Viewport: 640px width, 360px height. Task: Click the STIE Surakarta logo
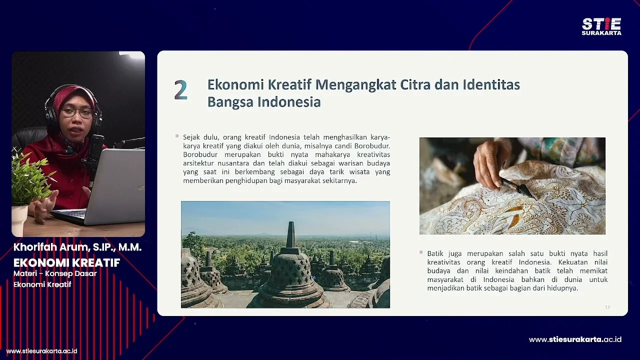coord(601,26)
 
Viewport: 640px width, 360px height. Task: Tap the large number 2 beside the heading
coord(180,90)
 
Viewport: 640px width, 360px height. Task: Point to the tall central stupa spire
coord(290,235)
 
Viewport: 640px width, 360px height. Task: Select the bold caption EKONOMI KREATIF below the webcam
coord(66,262)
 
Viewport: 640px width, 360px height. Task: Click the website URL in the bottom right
coord(575,339)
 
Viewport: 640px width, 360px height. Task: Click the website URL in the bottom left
coord(41,351)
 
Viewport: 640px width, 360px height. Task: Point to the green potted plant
coord(30,180)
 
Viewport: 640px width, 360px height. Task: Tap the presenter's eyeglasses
coord(77,113)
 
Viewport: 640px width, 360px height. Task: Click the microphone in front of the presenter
coord(94,150)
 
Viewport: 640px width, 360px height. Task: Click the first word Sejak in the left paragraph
coord(192,137)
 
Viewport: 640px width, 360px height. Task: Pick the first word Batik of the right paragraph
coord(436,253)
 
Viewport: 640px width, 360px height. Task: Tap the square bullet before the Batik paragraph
coord(421,252)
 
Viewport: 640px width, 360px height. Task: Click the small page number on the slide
coord(607,307)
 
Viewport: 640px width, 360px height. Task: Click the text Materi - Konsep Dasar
coord(55,273)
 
